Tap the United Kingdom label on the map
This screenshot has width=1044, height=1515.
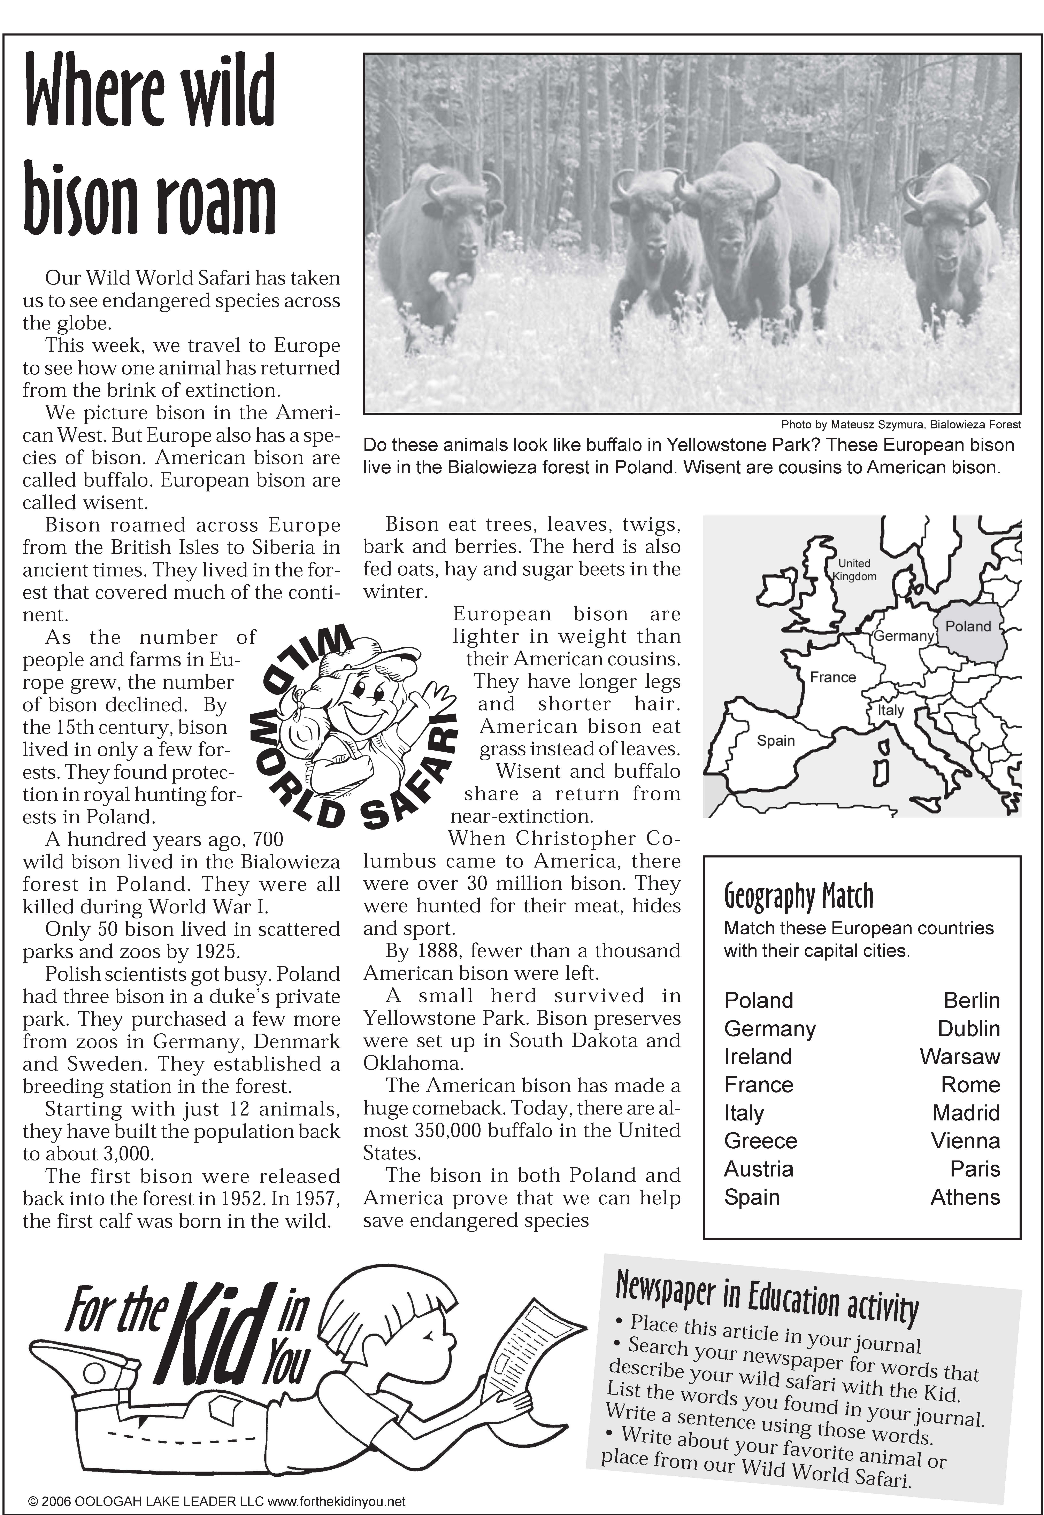(x=854, y=569)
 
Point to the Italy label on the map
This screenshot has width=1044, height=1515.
(x=890, y=710)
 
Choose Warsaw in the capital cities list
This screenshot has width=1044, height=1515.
(x=960, y=1057)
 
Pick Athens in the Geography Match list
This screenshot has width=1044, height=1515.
(x=965, y=1197)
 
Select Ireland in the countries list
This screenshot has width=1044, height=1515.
(x=758, y=1057)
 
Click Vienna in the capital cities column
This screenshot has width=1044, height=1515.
(x=966, y=1141)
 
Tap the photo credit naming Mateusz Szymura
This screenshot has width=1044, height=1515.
(x=901, y=424)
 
